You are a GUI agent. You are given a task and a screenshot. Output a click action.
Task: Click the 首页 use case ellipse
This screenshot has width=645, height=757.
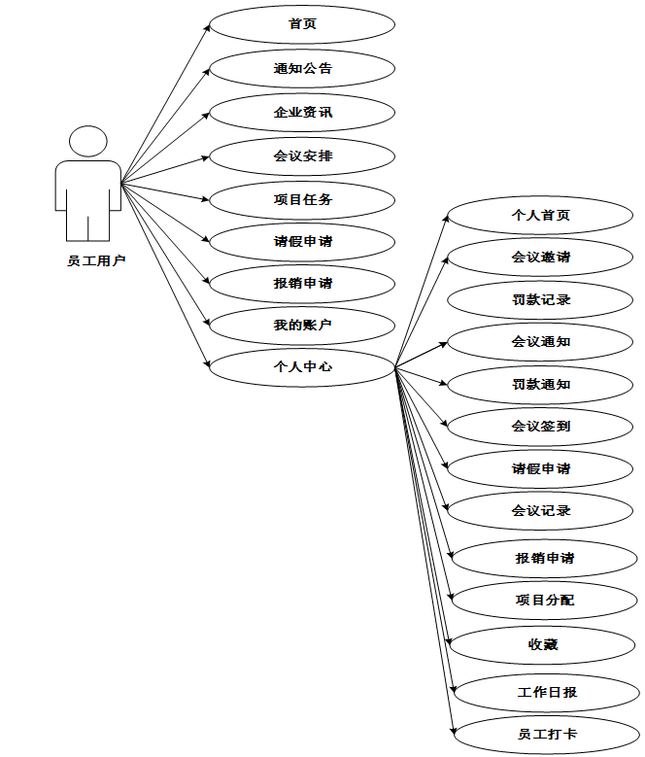click(x=302, y=24)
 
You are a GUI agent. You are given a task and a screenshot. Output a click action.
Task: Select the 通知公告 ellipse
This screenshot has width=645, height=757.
click(x=302, y=68)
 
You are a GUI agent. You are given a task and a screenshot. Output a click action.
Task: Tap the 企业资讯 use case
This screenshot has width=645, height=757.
click(x=302, y=113)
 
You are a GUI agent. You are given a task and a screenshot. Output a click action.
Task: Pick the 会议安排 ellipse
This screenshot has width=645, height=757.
click(x=302, y=155)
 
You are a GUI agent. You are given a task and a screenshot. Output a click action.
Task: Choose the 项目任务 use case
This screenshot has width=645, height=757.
click(x=302, y=199)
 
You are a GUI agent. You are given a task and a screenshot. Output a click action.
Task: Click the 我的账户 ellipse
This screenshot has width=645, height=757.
click(x=302, y=325)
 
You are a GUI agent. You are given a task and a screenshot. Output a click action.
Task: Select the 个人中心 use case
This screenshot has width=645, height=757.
click(x=302, y=367)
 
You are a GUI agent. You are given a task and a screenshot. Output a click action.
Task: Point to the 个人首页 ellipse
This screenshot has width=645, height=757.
click(x=541, y=215)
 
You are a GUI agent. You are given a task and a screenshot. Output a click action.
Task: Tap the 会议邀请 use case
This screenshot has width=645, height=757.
click(x=541, y=258)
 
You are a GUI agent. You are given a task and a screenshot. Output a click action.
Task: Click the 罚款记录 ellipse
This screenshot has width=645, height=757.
click(x=541, y=300)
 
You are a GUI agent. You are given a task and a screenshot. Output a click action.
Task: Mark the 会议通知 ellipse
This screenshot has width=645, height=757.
click(x=541, y=342)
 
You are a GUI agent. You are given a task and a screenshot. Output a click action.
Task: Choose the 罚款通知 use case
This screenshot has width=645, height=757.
click(x=541, y=385)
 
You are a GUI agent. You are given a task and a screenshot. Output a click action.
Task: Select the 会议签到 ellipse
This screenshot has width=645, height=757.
click(x=541, y=427)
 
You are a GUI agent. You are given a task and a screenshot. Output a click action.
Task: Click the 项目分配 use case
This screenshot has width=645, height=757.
click(x=545, y=601)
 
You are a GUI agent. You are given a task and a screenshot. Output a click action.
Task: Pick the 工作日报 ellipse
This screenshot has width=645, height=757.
click(x=547, y=693)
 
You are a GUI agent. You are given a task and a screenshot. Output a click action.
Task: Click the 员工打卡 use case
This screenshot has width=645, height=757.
click(x=547, y=734)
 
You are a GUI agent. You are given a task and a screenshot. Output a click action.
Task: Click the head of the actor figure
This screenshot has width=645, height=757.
click(x=88, y=141)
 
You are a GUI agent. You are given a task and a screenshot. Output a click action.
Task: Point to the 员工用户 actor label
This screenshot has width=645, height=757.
click(x=88, y=260)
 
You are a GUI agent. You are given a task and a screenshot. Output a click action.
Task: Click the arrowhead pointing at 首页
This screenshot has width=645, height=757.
click(x=207, y=27)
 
